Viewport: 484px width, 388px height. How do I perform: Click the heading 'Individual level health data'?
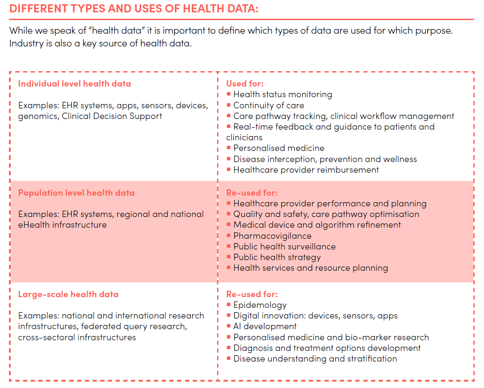coord(74,84)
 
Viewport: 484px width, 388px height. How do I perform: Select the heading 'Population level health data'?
coord(76,193)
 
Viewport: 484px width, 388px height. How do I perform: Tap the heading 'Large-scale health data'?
coord(68,294)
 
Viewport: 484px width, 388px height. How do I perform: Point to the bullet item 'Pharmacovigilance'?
coord(272,236)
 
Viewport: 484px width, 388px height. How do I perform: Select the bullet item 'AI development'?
coord(265,326)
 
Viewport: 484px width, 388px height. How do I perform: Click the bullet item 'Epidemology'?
coord(260,305)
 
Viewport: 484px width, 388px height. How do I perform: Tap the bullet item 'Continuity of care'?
coord(269,105)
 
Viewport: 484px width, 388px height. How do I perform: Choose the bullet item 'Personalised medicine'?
coord(278,148)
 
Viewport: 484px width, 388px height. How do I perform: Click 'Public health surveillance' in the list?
coord(284,246)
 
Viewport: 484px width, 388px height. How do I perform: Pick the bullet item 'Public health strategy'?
coord(277,257)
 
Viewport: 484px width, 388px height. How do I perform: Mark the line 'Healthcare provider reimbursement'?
coord(306,170)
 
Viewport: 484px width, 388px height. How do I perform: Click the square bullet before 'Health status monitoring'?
coord(229,94)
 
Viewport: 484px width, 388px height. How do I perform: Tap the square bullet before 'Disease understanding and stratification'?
coord(229,359)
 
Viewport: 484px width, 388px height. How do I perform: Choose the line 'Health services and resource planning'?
coord(310,268)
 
